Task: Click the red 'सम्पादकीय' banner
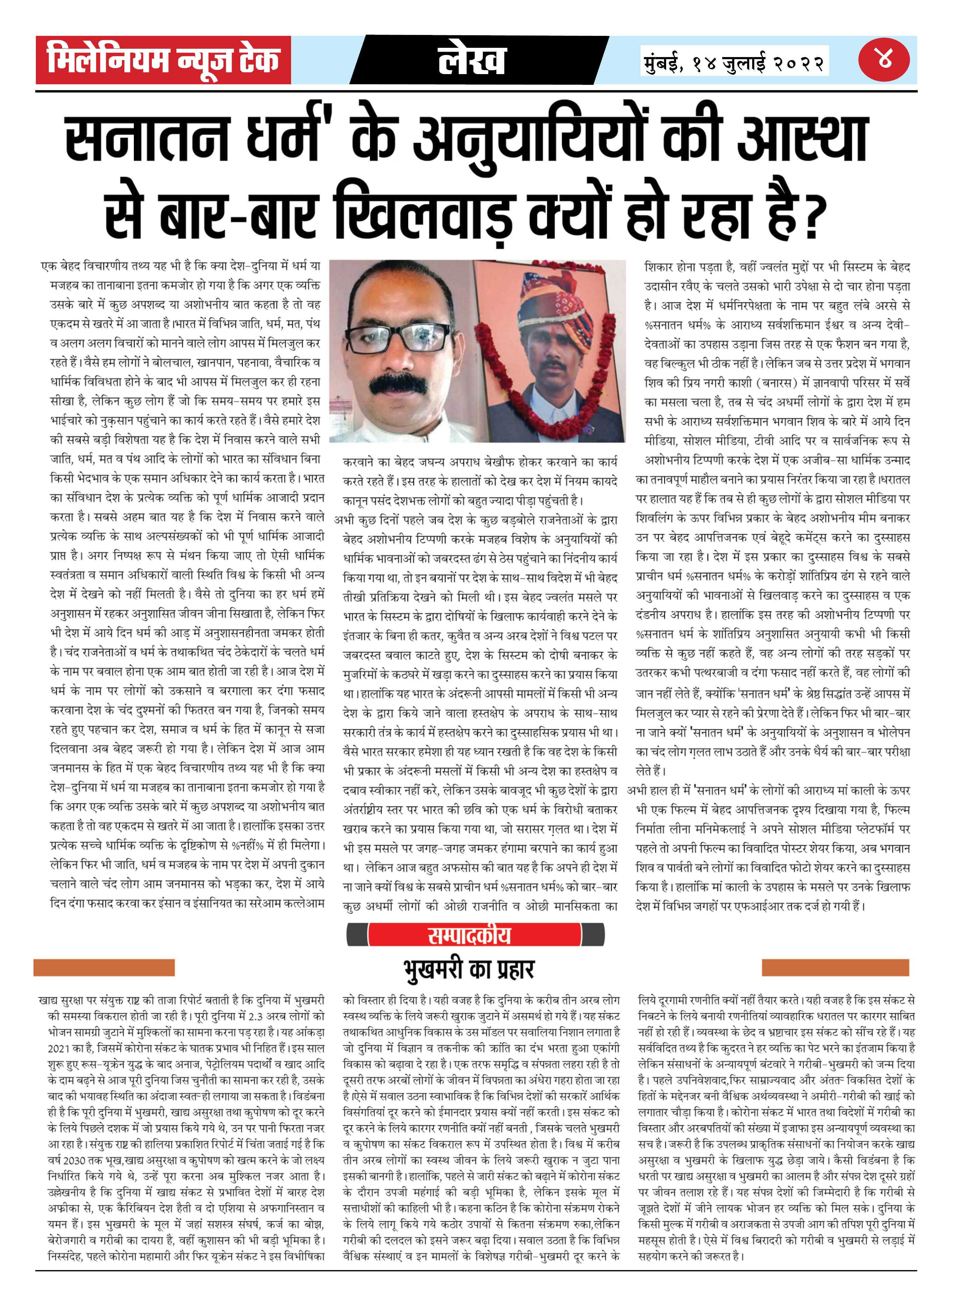point(469,935)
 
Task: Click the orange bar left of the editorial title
point(104,967)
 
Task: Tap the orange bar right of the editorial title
point(835,967)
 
